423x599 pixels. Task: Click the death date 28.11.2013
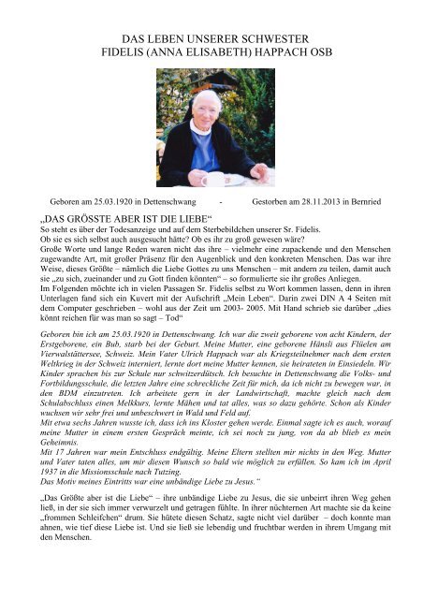pyautogui.click(x=323, y=200)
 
